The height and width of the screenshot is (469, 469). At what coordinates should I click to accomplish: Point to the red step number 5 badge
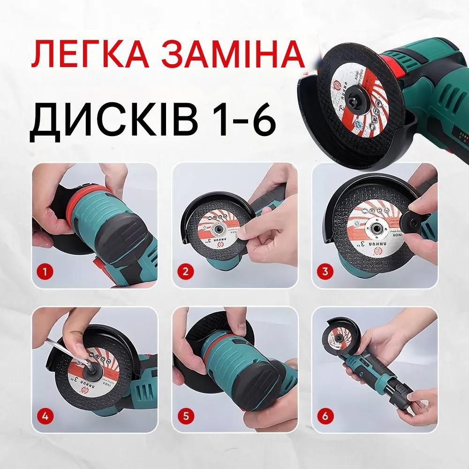186,415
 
